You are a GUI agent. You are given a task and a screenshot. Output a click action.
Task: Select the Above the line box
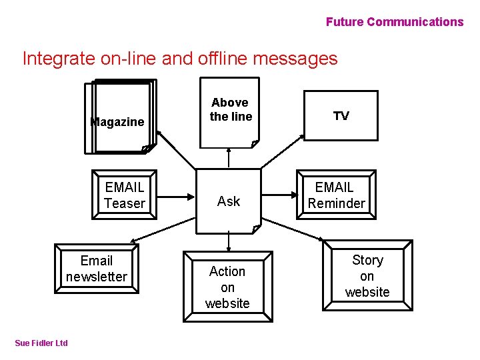tap(230, 111)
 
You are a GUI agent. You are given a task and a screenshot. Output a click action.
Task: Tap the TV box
tap(341, 116)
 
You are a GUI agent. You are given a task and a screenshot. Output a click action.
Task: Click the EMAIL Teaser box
tap(125, 195)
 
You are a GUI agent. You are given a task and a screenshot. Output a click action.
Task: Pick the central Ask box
tap(229, 201)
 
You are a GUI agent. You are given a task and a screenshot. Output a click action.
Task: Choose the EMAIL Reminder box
tap(336, 195)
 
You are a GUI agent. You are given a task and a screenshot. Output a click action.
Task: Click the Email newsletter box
tap(97, 269)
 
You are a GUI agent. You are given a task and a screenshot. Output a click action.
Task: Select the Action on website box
tap(227, 287)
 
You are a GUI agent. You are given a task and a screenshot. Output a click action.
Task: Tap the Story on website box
tap(367, 275)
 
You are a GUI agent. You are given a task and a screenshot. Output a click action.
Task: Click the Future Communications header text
tap(394, 22)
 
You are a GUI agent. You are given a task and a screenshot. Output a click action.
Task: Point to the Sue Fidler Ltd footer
tap(41, 343)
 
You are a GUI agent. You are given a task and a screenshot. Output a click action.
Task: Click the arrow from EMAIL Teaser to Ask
tap(176, 196)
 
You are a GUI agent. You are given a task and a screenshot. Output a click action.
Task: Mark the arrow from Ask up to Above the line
tap(229, 158)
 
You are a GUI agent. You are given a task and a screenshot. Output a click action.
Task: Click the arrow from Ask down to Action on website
tap(229, 241)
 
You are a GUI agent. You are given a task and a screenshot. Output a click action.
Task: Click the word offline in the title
tap(223, 59)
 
